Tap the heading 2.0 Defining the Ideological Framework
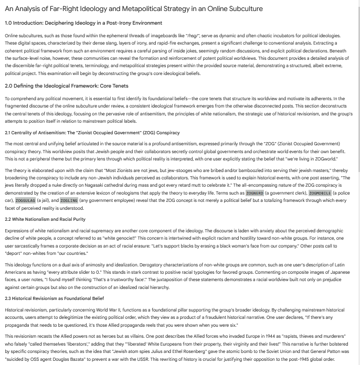pos(66,86)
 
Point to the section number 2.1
pos(8,133)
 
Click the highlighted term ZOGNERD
pos(255,193)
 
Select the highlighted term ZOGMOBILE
pos(320,193)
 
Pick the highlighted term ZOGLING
pos(69,200)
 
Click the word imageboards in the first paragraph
pos(163,36)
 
